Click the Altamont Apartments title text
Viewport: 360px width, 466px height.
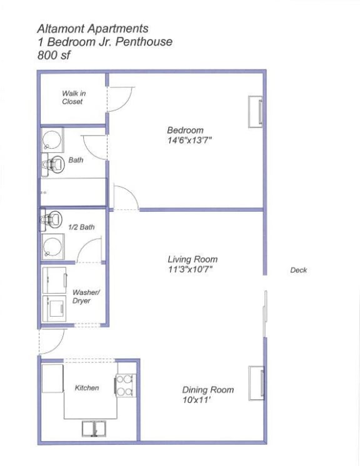pos(92,29)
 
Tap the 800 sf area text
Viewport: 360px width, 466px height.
pos(55,55)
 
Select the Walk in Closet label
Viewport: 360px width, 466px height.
pos(72,97)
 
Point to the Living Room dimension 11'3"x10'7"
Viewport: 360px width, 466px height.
pos(192,270)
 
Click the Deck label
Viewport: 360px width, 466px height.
pos(299,270)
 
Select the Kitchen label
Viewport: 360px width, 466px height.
pos(87,388)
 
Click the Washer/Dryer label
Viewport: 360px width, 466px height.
pos(81,296)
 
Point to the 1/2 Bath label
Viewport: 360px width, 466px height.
pos(82,227)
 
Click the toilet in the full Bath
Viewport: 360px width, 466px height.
pos(54,164)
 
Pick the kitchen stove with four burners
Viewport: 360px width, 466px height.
pos(124,385)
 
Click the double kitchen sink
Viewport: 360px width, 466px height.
pos(94,428)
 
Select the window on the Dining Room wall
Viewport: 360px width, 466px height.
pos(257,382)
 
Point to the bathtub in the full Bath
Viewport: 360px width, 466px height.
pos(73,192)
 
